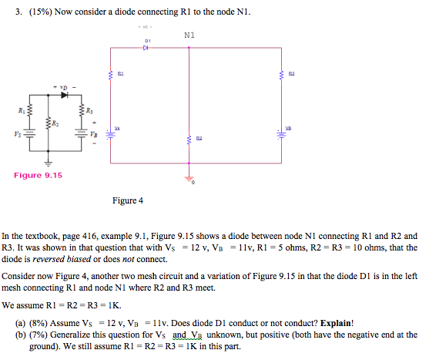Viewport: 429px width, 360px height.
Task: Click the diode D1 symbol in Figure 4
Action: coord(146,47)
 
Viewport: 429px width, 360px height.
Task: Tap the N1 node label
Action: coord(189,35)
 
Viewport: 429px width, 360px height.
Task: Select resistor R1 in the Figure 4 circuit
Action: coord(110,74)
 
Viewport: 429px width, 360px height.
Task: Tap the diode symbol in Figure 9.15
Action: coord(64,95)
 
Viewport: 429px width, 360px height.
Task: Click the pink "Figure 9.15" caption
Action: coord(39,176)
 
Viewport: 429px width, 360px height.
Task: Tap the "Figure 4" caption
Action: coord(128,200)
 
